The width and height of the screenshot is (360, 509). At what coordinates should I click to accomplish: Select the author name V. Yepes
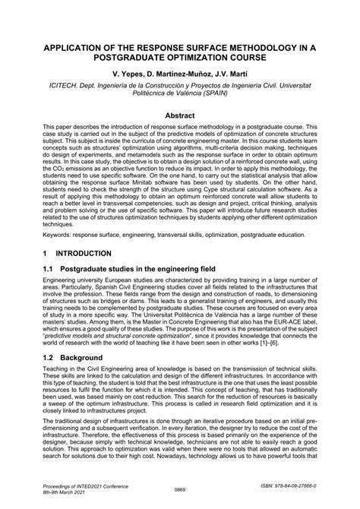[x=126, y=77]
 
